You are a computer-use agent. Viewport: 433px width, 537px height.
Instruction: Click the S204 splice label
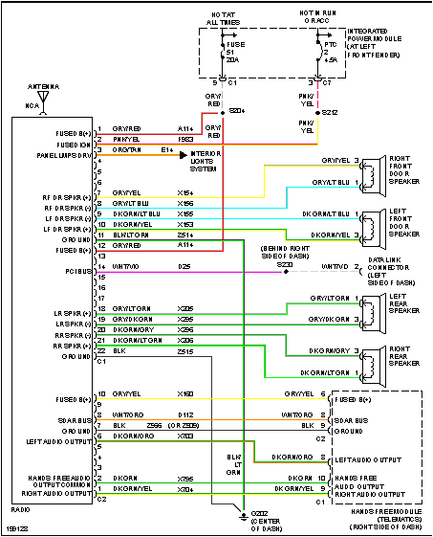pyautogui.click(x=236, y=110)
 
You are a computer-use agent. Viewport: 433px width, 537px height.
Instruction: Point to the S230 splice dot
pyautogui.click(x=286, y=272)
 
